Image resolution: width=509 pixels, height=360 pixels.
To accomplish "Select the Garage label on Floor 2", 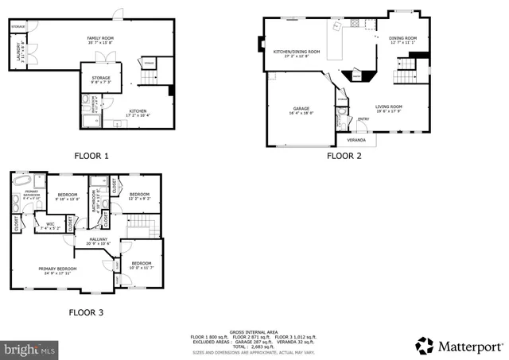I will (x=301, y=110).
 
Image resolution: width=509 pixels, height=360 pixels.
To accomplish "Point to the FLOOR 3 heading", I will (x=86, y=312).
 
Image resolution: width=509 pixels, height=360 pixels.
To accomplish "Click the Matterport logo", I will (x=459, y=345).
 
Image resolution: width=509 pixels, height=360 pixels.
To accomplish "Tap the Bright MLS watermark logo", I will (x=30, y=348).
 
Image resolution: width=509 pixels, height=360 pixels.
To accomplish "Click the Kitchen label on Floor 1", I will (x=138, y=113).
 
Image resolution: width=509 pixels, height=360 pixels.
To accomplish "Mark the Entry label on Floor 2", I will (x=363, y=119).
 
